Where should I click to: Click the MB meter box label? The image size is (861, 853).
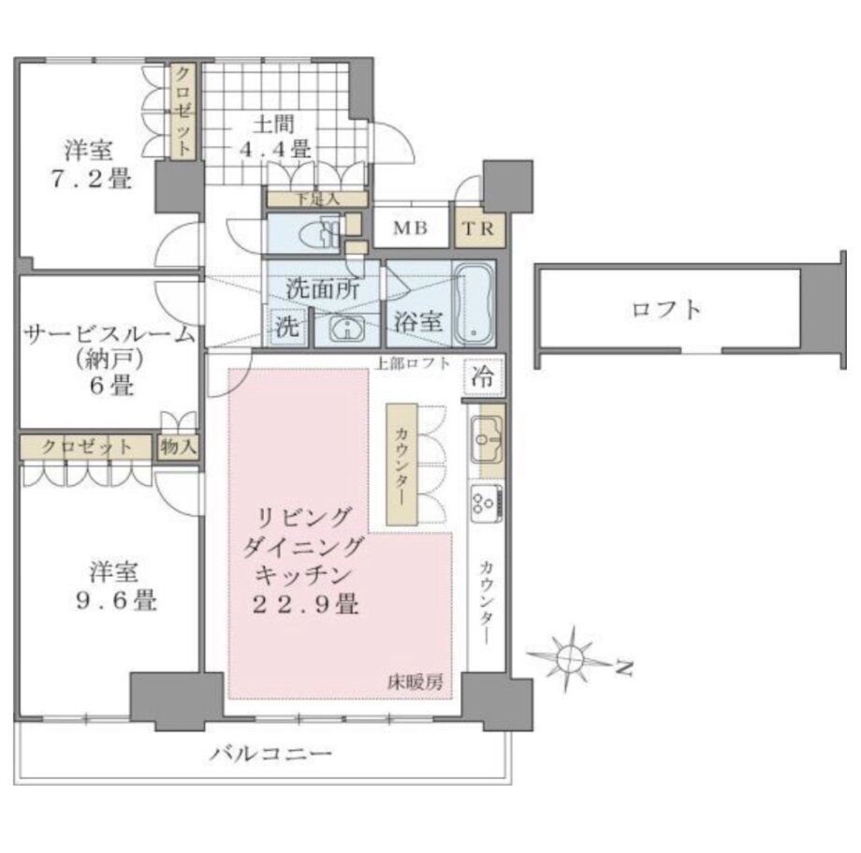click(x=410, y=228)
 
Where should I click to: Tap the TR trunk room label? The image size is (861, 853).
click(x=479, y=228)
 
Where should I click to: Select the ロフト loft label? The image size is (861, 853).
click(x=666, y=310)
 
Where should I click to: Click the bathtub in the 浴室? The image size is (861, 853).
click(x=474, y=304)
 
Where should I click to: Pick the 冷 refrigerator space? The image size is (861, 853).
click(x=483, y=378)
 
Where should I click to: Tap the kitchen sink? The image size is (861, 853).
click(x=486, y=439)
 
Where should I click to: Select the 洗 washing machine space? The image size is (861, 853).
click(x=287, y=327)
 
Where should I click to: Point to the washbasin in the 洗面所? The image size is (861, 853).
click(x=347, y=330)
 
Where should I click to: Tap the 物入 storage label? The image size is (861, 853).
click(x=178, y=447)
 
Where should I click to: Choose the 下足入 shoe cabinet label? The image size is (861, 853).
click(x=317, y=199)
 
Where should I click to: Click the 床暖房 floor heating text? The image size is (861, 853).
click(x=416, y=683)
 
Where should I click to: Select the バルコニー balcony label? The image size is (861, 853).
click(x=270, y=753)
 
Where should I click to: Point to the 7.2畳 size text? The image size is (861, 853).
click(x=92, y=179)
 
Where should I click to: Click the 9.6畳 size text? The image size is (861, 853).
click(x=116, y=600)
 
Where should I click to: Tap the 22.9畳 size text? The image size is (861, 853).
click(x=305, y=605)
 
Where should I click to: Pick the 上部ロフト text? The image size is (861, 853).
click(x=413, y=363)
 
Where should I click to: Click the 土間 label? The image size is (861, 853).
click(x=273, y=125)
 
